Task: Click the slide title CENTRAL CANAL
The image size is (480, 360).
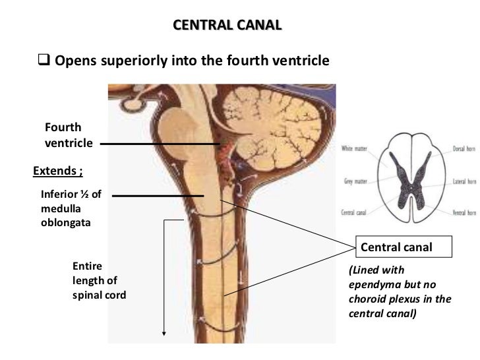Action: tap(226, 26)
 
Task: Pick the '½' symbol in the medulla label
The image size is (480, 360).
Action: tap(89, 195)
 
